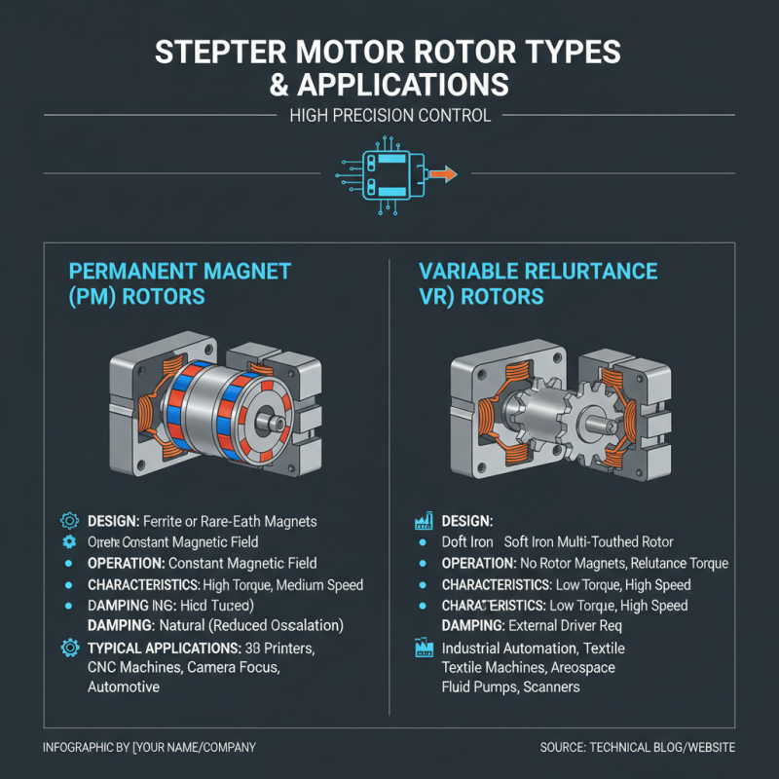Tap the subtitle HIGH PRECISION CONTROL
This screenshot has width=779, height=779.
(x=389, y=116)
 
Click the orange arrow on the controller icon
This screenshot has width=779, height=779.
(x=443, y=174)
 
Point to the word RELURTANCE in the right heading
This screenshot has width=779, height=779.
(x=575, y=270)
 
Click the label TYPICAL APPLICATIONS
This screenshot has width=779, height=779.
(x=164, y=648)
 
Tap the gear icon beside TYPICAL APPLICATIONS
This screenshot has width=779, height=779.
(x=69, y=648)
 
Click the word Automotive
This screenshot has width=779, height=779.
(x=123, y=686)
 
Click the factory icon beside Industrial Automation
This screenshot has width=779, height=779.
(x=424, y=649)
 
